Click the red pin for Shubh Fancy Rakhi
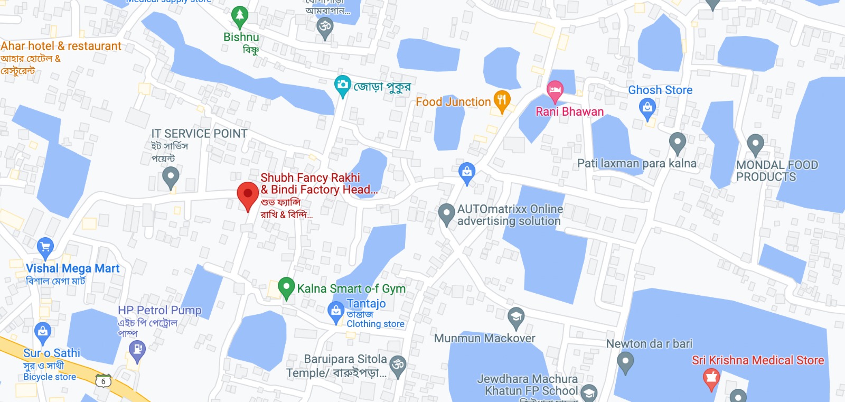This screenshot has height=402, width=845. click(x=248, y=194)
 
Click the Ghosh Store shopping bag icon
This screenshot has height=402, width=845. click(x=647, y=108)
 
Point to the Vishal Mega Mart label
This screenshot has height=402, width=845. click(x=72, y=268)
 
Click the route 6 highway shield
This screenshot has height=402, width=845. click(x=104, y=381)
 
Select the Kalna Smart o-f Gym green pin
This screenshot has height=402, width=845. click(x=286, y=287)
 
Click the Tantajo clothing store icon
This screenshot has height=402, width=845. click(x=336, y=311)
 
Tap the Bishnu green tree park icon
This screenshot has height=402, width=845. click(x=240, y=16)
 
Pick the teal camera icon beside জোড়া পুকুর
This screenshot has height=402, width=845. click(x=343, y=85)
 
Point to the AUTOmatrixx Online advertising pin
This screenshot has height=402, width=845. click(x=446, y=213)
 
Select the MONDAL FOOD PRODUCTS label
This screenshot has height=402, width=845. click(x=777, y=171)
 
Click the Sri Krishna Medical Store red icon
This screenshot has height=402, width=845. click(x=711, y=378)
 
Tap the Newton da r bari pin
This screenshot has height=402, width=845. click(x=625, y=362)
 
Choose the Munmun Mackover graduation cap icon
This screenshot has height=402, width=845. click(x=515, y=317)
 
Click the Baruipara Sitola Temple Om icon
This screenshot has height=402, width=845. click(x=398, y=364)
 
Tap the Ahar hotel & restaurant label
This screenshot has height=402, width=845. click(x=61, y=46)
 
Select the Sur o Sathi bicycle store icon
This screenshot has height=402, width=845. click(x=42, y=332)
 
